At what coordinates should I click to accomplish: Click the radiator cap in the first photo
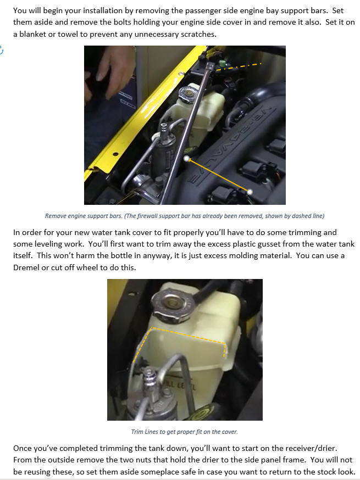coord(188,93)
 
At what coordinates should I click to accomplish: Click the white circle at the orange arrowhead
coord(186,158)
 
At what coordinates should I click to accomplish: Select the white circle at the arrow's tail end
coord(250,192)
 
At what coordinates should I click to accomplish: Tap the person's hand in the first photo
coord(115,71)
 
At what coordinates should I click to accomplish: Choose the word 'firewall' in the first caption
coord(147,216)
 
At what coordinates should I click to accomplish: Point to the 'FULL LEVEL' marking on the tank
coord(180,385)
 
